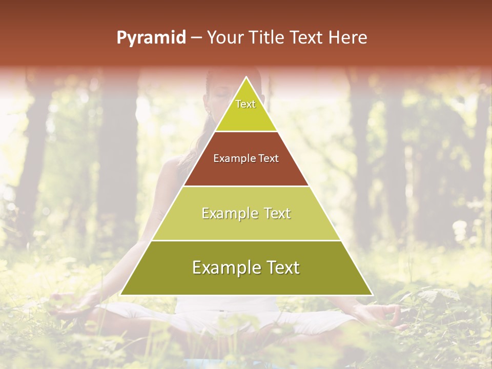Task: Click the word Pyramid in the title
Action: (151, 38)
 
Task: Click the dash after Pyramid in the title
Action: (196, 38)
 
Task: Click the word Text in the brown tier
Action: (269, 158)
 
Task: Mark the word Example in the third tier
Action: (230, 213)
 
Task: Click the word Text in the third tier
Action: (277, 213)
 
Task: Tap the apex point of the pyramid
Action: (247, 78)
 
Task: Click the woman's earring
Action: (208, 111)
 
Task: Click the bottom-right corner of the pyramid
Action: (372, 295)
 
